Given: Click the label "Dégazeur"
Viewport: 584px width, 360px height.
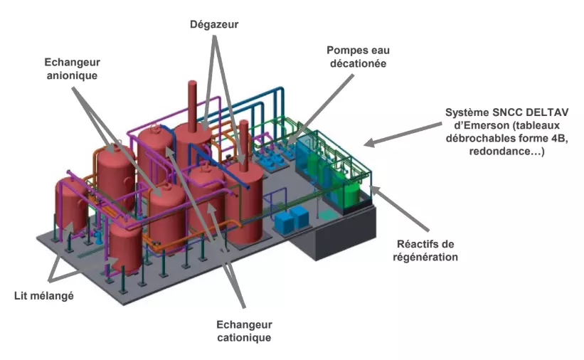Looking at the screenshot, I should tap(213, 24).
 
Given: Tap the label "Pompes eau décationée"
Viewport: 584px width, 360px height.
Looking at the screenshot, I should tap(358, 57).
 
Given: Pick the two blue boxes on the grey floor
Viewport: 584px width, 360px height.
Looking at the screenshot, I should tap(292, 219).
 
